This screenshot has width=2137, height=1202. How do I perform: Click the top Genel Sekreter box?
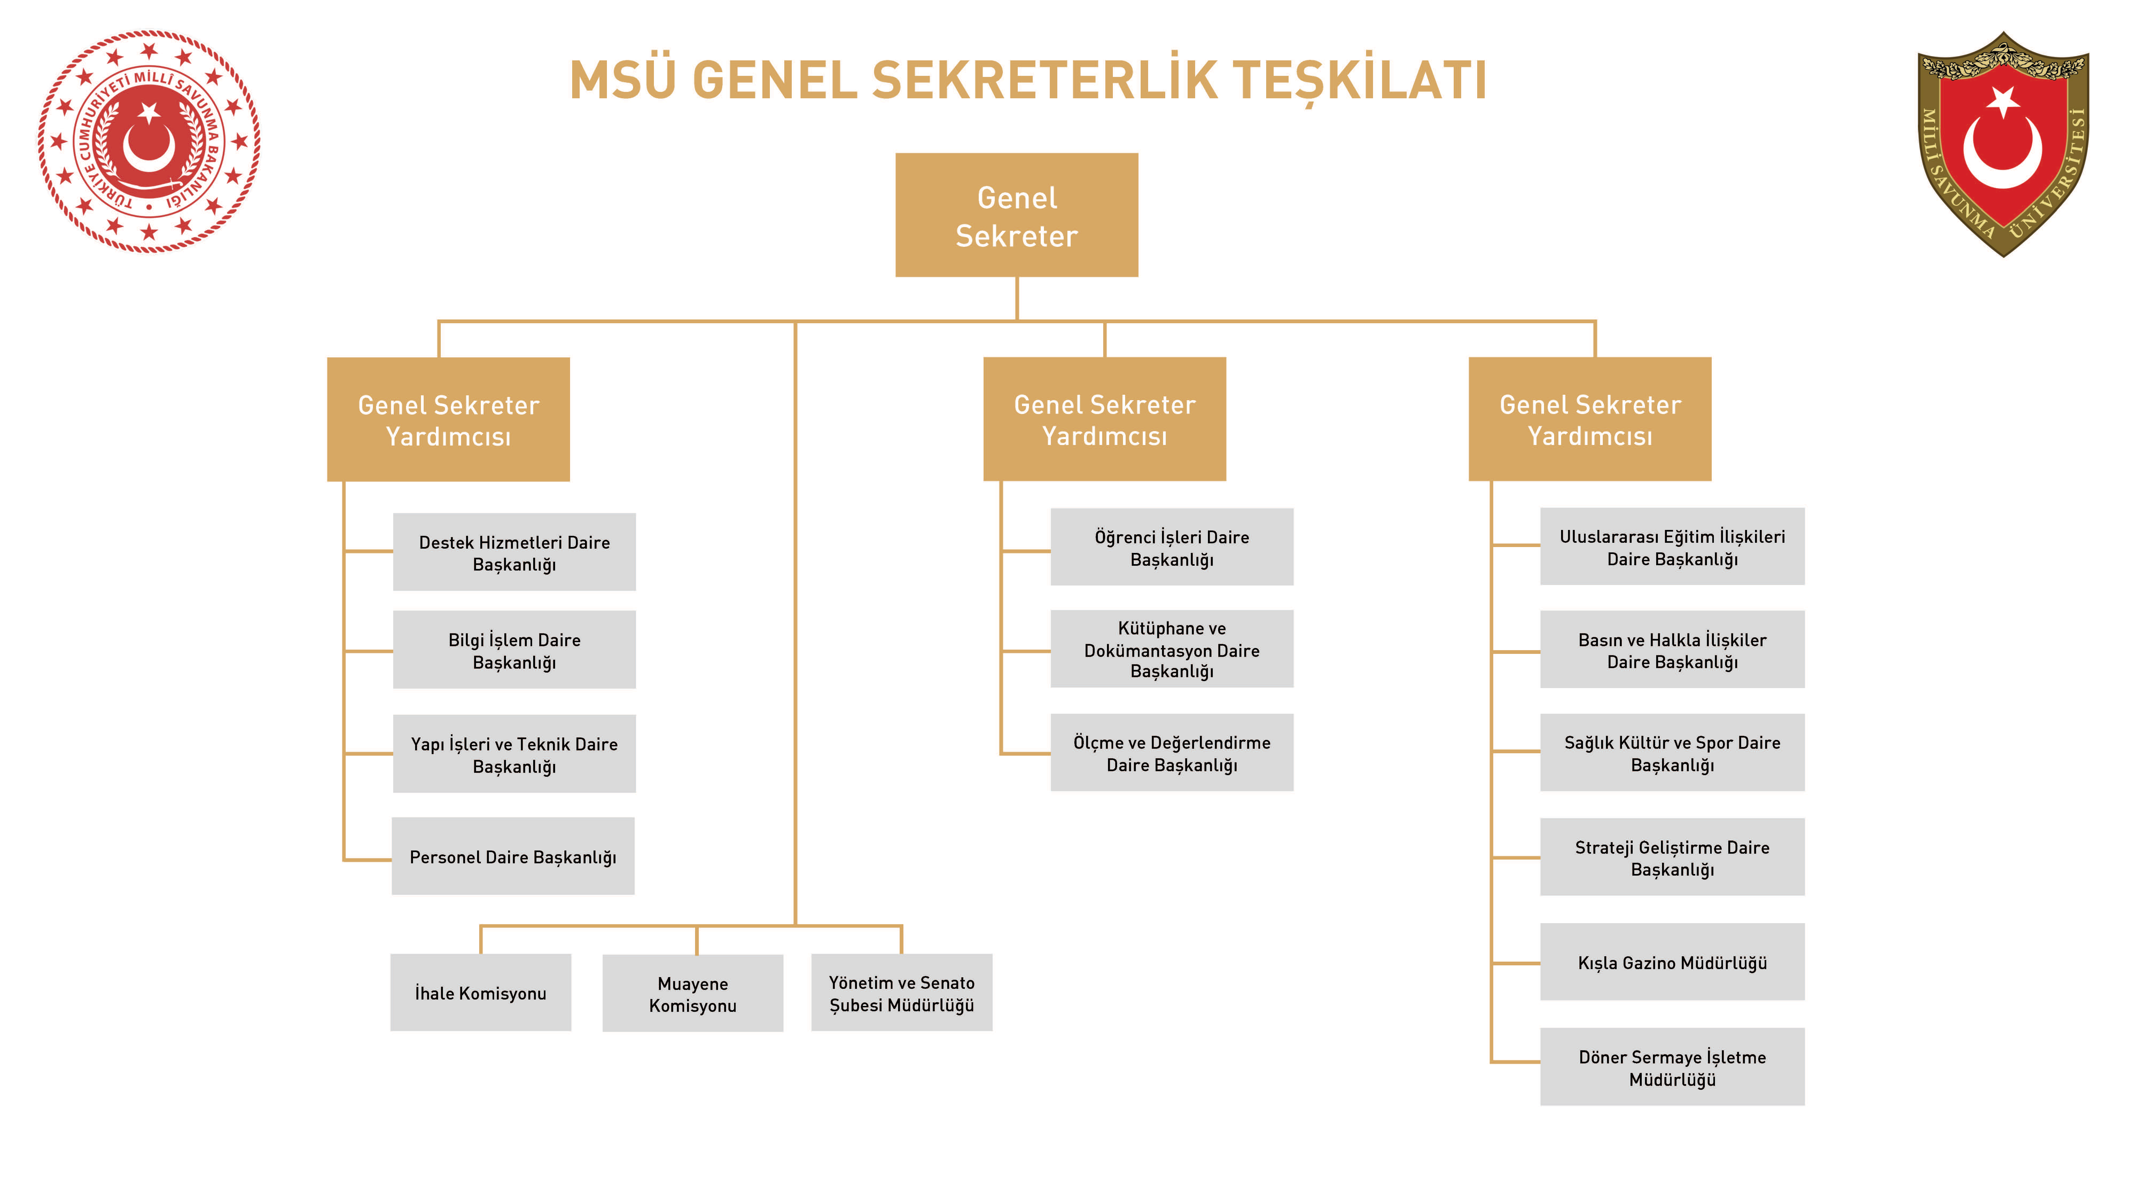click(x=1016, y=215)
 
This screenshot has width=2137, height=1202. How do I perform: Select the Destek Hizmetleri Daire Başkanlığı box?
click(x=514, y=552)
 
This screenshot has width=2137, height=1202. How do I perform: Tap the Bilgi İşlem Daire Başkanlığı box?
click(x=514, y=650)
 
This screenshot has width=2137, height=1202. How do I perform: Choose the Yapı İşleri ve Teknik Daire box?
click(x=514, y=754)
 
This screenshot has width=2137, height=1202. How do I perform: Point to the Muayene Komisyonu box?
click(x=693, y=994)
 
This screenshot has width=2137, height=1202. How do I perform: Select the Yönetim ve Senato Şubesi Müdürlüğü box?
click(x=902, y=993)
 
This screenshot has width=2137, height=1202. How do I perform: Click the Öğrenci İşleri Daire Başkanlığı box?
click(x=1171, y=548)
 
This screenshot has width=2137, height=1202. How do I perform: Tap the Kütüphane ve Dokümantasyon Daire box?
click(x=1171, y=650)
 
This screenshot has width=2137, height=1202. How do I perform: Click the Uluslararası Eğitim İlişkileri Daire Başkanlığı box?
click(x=1672, y=547)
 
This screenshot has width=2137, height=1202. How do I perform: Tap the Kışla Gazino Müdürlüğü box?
click(x=1672, y=962)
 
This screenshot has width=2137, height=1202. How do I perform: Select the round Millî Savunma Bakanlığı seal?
click(x=149, y=141)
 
